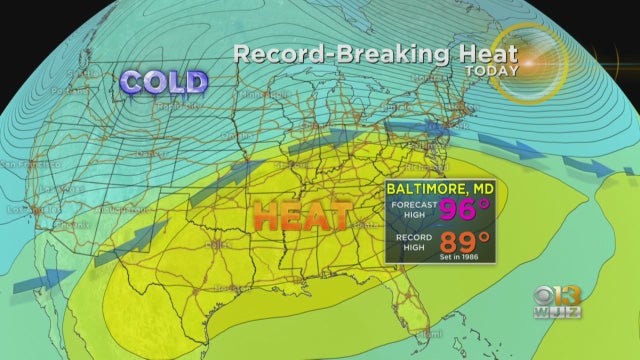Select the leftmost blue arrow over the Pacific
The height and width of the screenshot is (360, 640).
(44, 281)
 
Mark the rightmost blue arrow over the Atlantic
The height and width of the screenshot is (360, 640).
(609, 169)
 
